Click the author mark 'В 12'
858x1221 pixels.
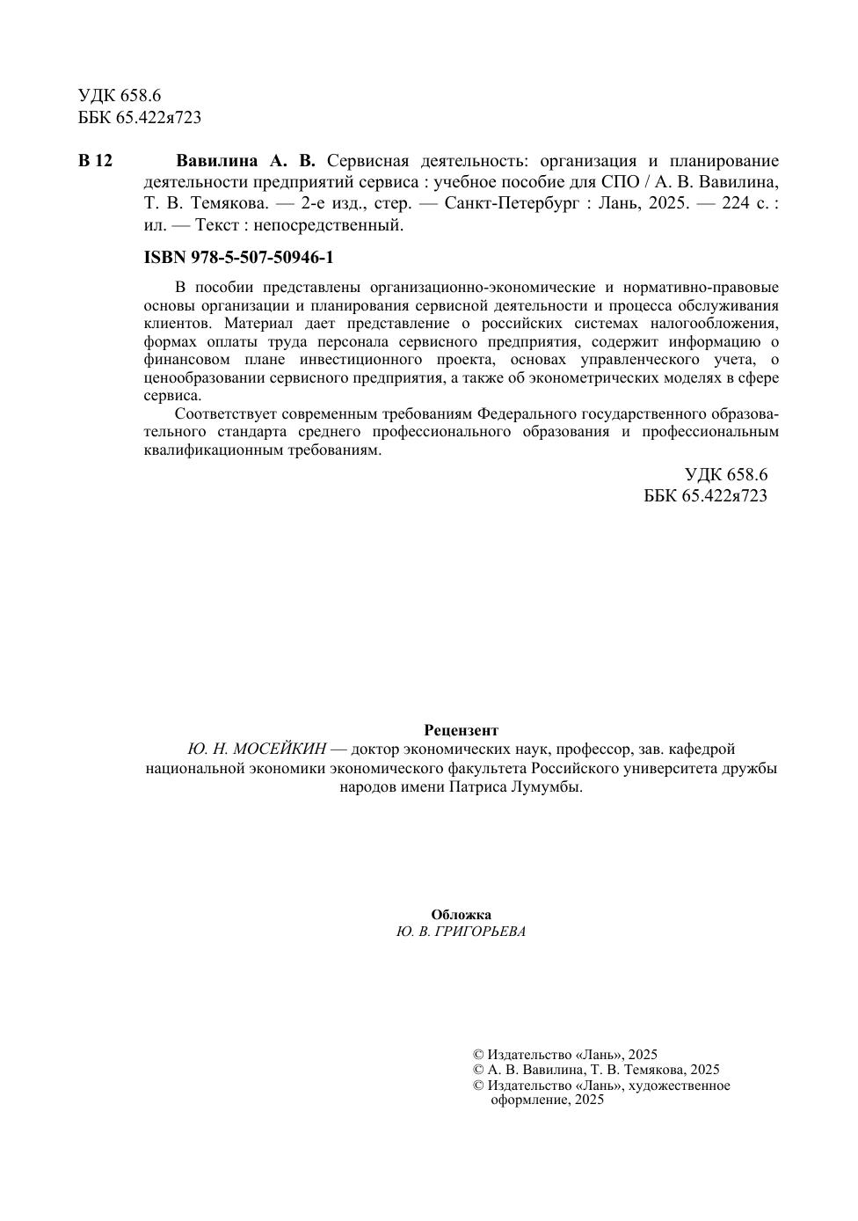pyautogui.click(x=96, y=161)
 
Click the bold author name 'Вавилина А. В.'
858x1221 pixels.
pyautogui.click(x=245, y=161)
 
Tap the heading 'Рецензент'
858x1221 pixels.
pyautogui.click(x=461, y=730)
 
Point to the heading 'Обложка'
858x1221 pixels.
pyautogui.click(x=461, y=915)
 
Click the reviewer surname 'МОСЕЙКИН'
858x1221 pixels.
pyautogui.click(x=280, y=749)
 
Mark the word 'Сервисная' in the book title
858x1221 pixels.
pyautogui.click(x=367, y=161)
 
